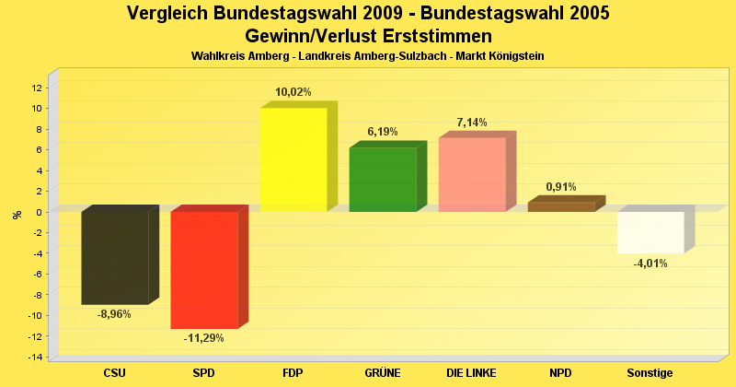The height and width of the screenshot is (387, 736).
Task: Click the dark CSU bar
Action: (x=115, y=258)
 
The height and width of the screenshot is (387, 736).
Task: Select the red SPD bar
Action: (x=204, y=270)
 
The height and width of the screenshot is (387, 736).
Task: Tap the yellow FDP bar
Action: (x=293, y=159)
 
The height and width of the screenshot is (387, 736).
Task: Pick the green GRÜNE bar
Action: (x=383, y=180)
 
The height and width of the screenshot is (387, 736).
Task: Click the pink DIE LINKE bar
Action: (x=472, y=175)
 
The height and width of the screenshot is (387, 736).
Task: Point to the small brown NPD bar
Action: (x=561, y=207)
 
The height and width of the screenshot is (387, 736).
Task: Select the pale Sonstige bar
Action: (x=650, y=232)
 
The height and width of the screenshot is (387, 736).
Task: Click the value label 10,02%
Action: (x=293, y=92)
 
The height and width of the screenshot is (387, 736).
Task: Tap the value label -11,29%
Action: (x=204, y=338)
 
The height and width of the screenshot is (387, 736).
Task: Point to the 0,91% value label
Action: (x=561, y=187)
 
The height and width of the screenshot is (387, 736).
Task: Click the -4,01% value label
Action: (x=650, y=264)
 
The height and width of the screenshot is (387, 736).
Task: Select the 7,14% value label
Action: (x=472, y=123)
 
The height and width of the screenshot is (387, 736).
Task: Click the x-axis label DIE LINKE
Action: (x=472, y=373)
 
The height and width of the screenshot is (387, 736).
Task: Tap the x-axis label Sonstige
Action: (x=650, y=373)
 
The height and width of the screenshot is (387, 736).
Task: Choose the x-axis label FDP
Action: (x=293, y=373)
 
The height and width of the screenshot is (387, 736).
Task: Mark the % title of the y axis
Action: (x=17, y=215)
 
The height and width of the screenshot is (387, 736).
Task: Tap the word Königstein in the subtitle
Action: (x=513, y=56)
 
